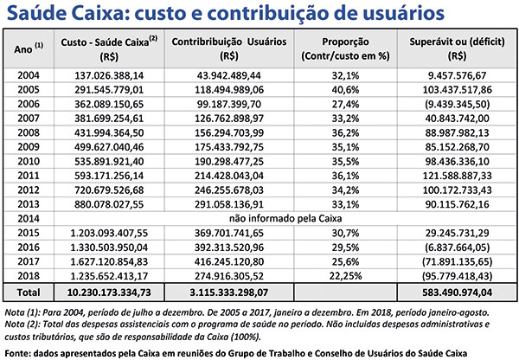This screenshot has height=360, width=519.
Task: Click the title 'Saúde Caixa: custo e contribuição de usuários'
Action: (217, 14)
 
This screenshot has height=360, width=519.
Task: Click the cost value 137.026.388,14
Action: (97, 75)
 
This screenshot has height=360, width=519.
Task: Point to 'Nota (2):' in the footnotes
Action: (24, 322)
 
